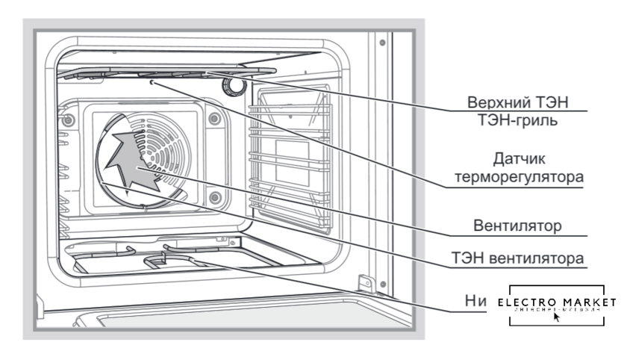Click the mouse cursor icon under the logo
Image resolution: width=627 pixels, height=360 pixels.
[557, 316]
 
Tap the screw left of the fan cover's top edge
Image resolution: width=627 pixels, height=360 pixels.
[69, 120]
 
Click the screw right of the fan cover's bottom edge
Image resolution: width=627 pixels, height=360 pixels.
[215, 197]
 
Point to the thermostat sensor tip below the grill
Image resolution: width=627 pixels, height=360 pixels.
[152, 84]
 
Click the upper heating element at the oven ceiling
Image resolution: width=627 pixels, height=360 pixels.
[164, 72]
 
